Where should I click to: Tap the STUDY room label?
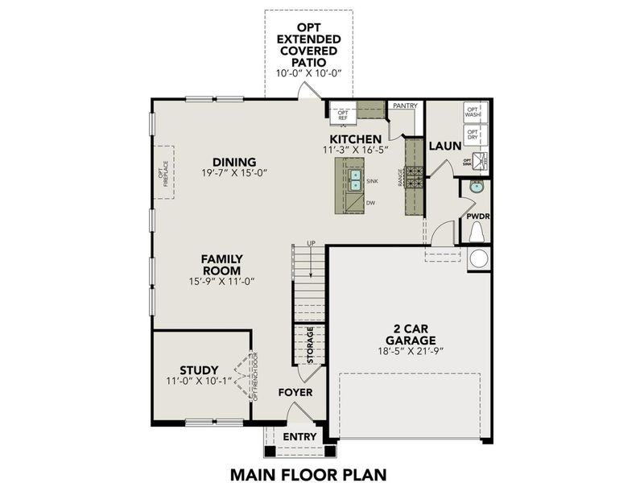coord(199,371)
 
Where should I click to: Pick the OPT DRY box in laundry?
coord(473,134)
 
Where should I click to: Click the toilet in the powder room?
coord(476,232)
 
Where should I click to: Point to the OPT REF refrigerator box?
coord(342,114)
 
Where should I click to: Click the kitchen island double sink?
coord(355,180)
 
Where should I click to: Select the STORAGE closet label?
coord(310,344)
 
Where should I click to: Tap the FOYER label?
coord(295,393)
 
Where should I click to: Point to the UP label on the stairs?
coord(310,243)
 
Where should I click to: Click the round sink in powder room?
coord(476,187)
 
